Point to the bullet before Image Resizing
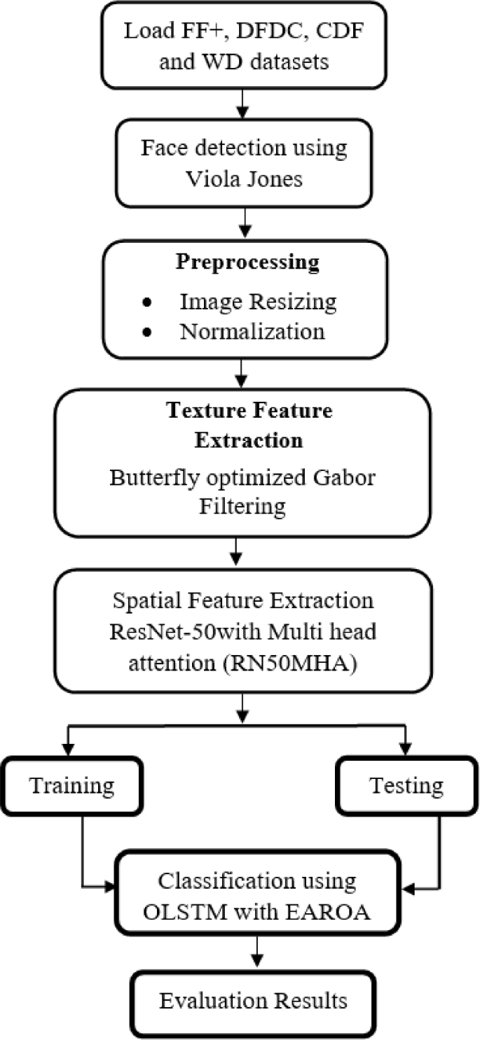coord(146,302)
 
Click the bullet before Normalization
coord(146,332)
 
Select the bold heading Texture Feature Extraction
coord(248,426)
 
